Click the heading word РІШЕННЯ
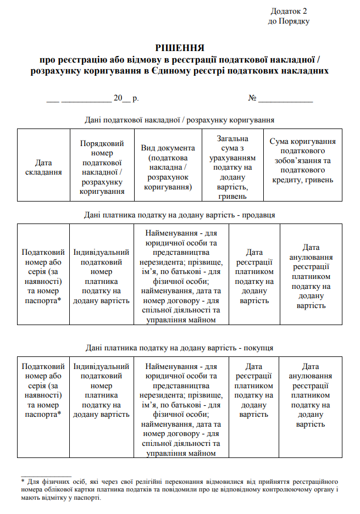point(180,48)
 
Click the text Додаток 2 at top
point(289,11)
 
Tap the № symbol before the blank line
point(253,98)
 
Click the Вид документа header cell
point(168,167)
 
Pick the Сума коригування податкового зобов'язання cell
point(302,161)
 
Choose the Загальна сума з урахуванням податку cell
point(232,167)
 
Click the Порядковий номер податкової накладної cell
point(102,167)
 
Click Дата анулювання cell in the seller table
point(311,276)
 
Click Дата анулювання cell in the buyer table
point(311,395)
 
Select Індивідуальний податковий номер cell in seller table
point(102,276)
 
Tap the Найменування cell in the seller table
point(181,276)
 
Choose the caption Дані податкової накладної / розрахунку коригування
point(180,119)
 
